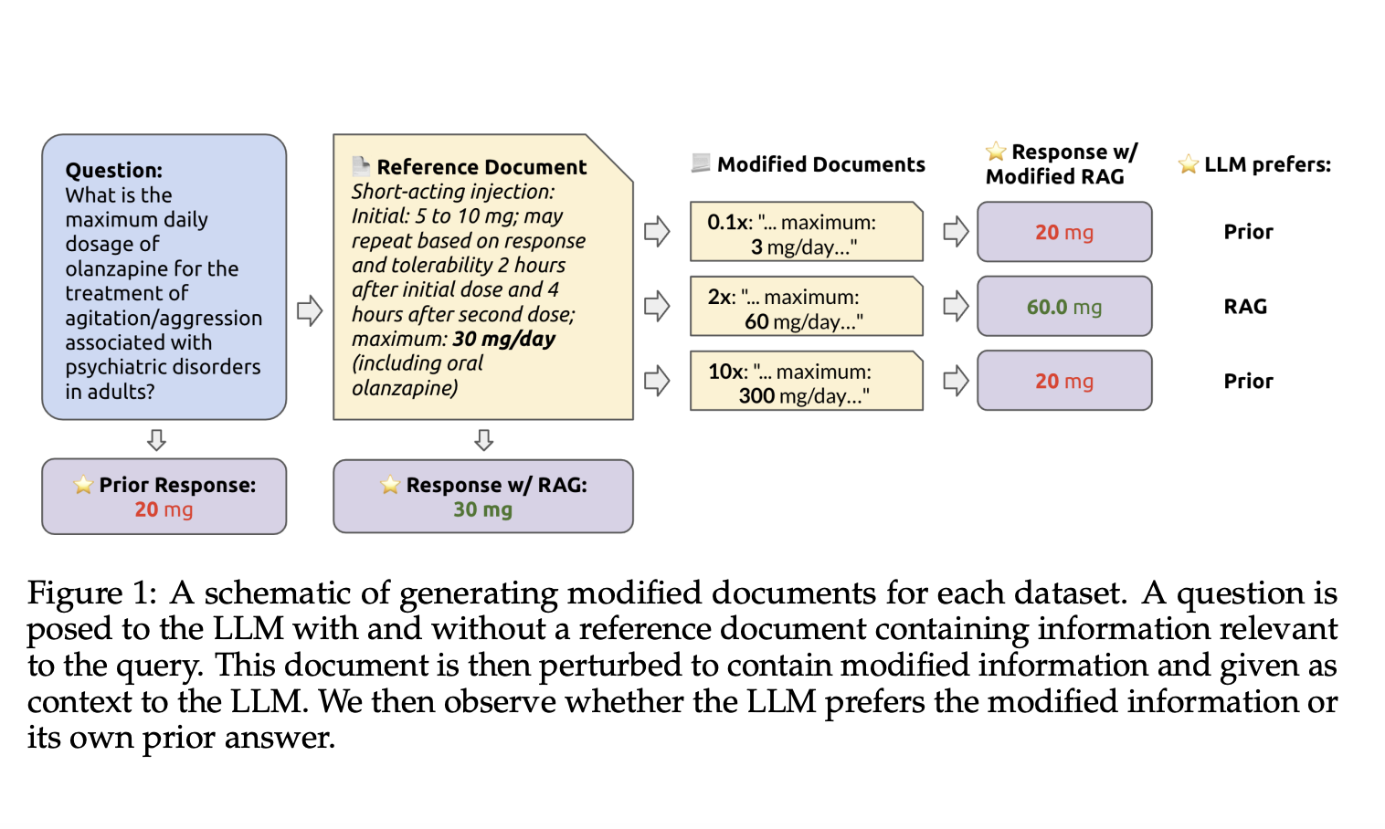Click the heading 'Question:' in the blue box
click(x=113, y=170)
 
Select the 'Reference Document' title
click(x=481, y=167)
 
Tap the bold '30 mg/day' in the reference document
click(x=503, y=339)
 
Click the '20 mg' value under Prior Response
click(x=164, y=509)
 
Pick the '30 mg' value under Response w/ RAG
click(x=482, y=509)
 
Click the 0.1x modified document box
click(x=806, y=232)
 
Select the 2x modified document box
click(x=806, y=307)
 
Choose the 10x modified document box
click(x=806, y=382)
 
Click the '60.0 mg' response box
click(x=1063, y=307)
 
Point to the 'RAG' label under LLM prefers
click(x=1245, y=307)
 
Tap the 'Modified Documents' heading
click(x=820, y=164)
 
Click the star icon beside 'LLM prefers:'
click(x=1188, y=164)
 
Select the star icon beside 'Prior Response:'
click(x=83, y=485)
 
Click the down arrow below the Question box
click(x=156, y=440)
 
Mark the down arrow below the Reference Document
click(x=483, y=440)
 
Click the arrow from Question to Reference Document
click(x=310, y=310)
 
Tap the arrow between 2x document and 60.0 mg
click(x=955, y=306)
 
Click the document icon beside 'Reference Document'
click(x=361, y=166)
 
